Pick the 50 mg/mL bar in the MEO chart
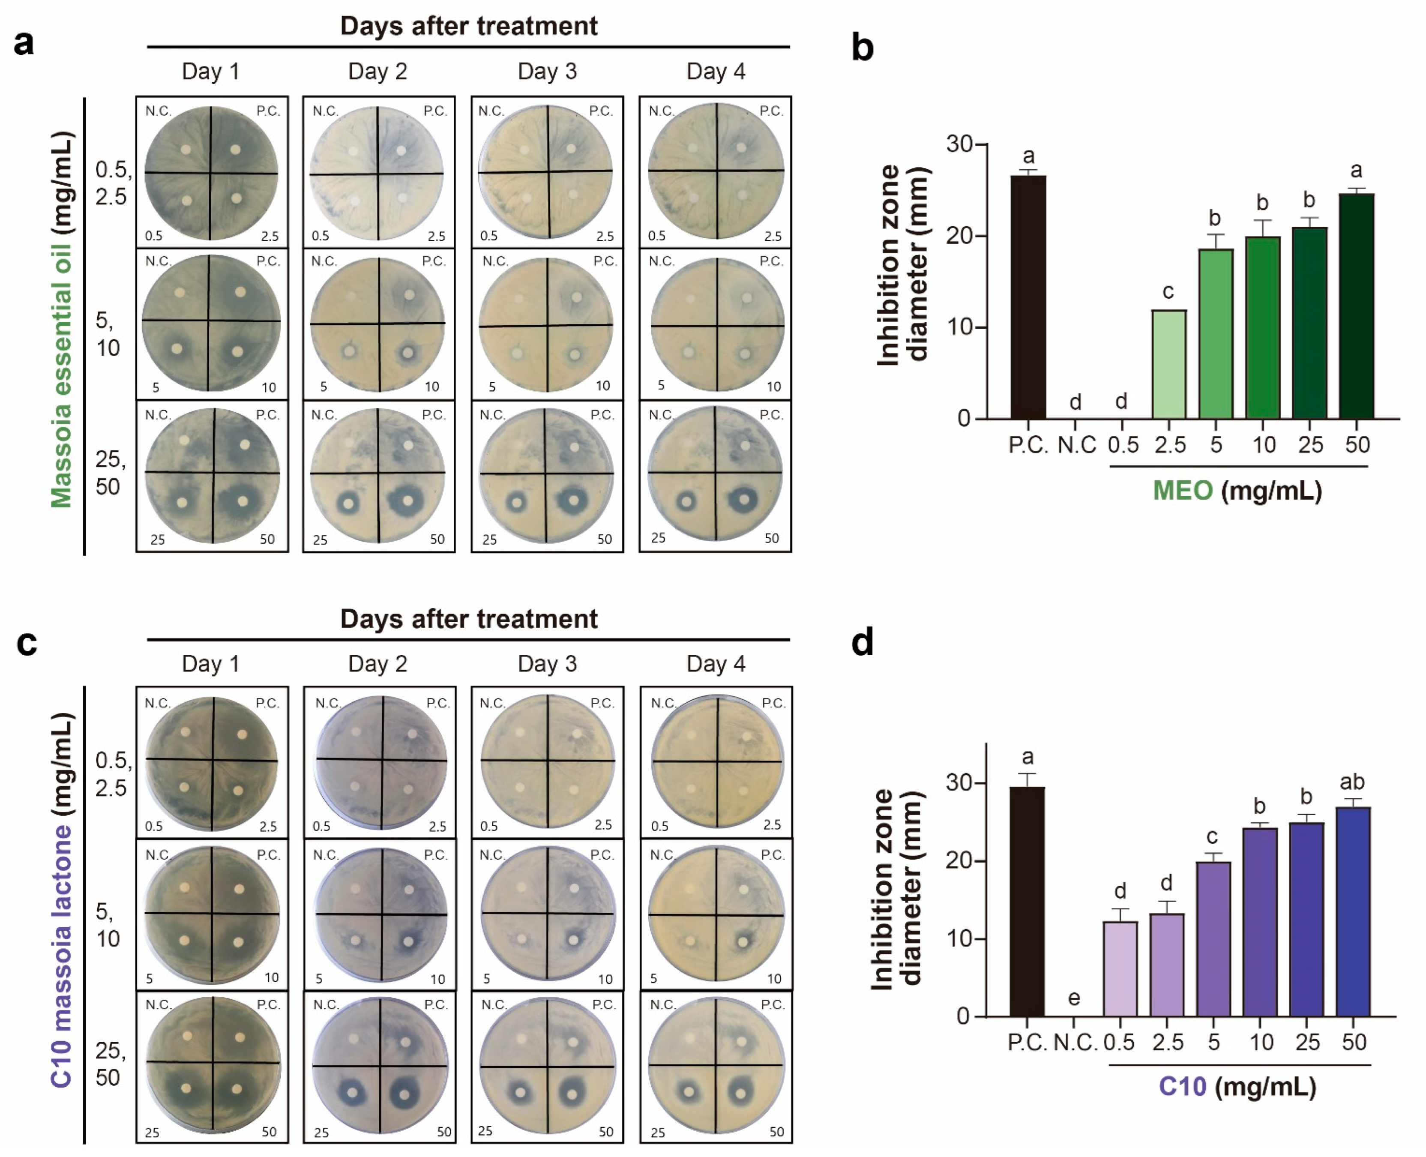(x=1357, y=306)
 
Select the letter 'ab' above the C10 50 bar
(x=1352, y=781)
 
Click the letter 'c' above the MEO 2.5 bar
(x=1168, y=291)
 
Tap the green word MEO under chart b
(x=1183, y=491)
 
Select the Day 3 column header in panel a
(x=547, y=71)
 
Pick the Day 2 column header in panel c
(x=378, y=664)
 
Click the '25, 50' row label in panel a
(x=110, y=473)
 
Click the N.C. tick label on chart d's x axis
(x=1075, y=1042)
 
